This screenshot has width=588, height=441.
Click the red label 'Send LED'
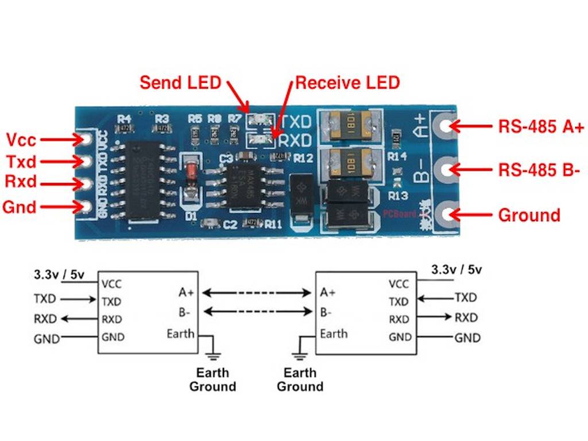click(180, 83)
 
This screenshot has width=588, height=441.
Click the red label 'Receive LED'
click(347, 83)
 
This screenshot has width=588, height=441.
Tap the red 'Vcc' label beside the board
click(21, 140)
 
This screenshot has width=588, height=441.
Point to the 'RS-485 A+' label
click(541, 127)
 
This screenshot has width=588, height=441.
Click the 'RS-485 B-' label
click(539, 170)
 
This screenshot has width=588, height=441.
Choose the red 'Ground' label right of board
click(529, 215)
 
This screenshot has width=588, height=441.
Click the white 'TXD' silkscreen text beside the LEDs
click(295, 122)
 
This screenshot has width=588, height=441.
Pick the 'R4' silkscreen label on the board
click(124, 119)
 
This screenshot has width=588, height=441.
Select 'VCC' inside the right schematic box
click(399, 284)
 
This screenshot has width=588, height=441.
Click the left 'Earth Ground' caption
click(212, 379)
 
